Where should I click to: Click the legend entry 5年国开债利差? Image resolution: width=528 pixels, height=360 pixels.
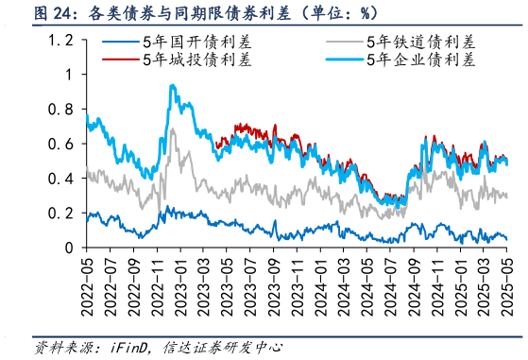pos(188,43)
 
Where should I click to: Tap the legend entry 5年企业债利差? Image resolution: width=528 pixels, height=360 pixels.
pos(421,60)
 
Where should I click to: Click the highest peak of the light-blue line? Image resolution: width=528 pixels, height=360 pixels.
pos(171,86)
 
